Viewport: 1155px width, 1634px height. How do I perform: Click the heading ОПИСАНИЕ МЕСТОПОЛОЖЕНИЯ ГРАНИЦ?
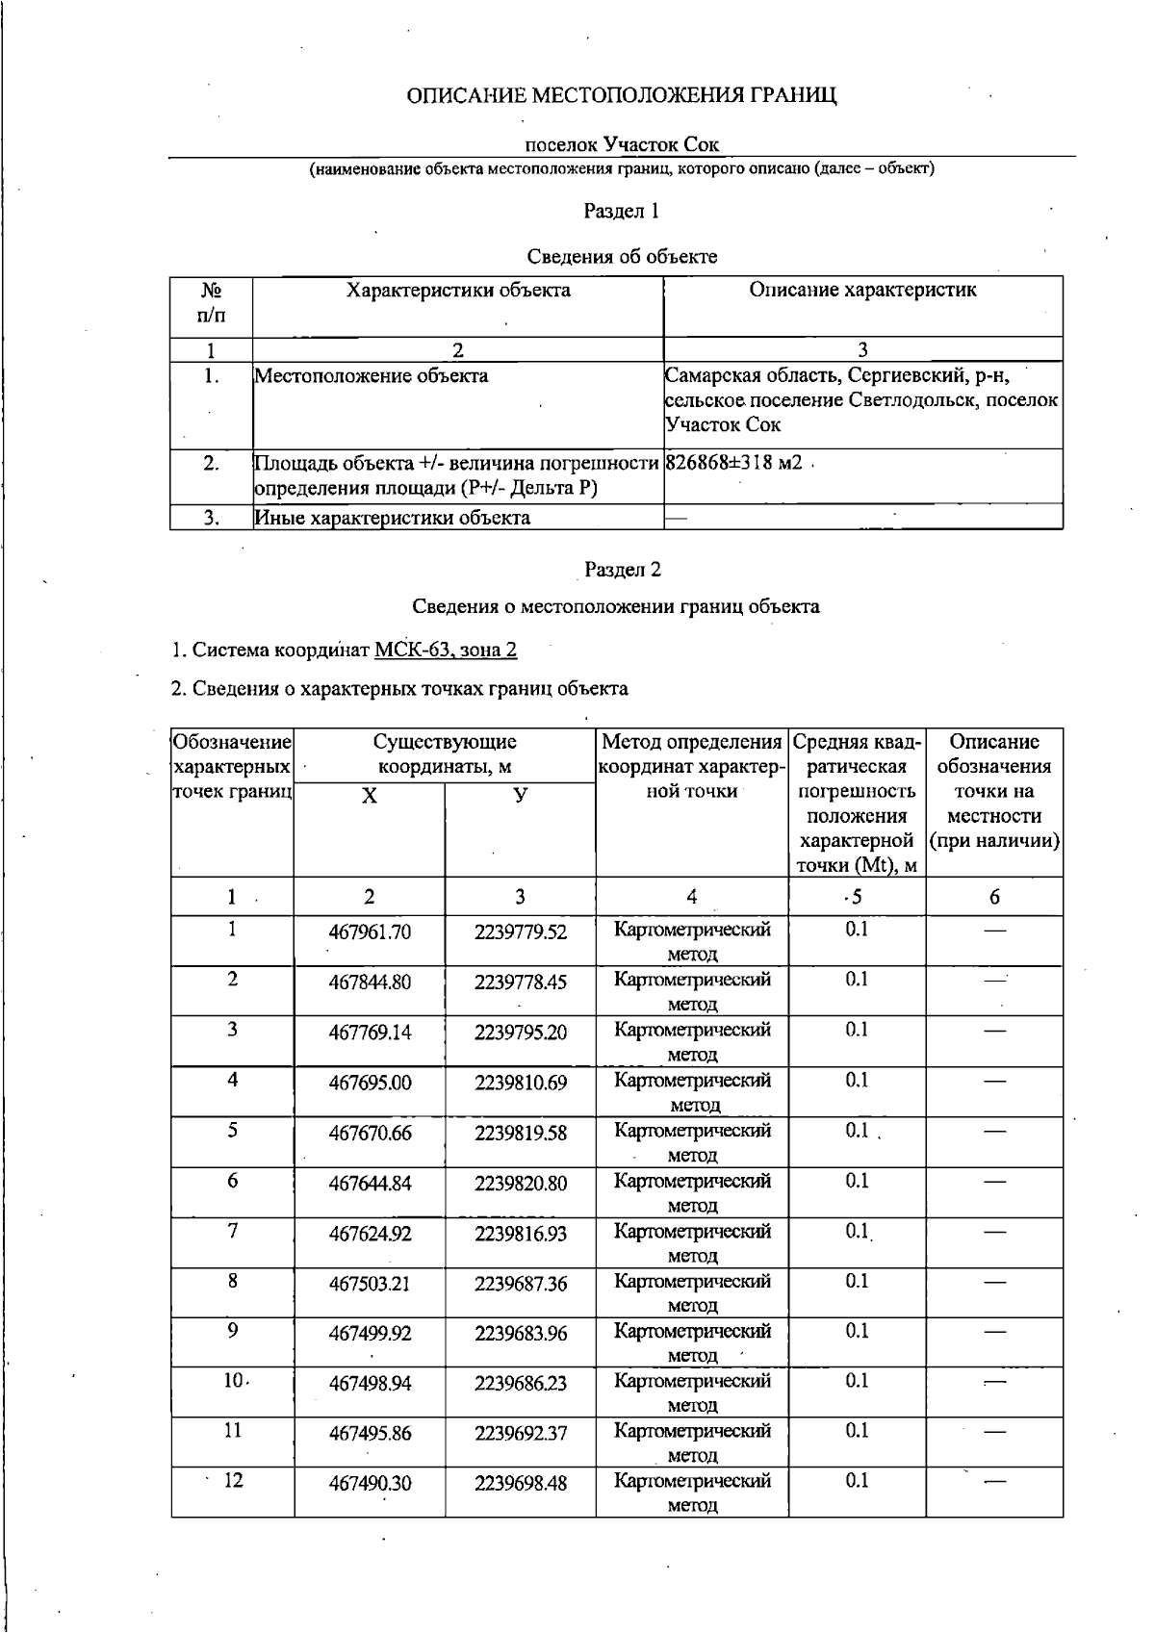pyautogui.click(x=622, y=95)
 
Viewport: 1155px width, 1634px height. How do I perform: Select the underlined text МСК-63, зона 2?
pyautogui.click(x=445, y=651)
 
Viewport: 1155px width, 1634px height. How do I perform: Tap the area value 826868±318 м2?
pyautogui.click(x=733, y=463)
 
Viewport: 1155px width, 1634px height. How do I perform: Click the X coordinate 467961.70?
pyautogui.click(x=370, y=932)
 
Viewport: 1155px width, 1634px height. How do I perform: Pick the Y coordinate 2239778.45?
pyautogui.click(x=520, y=982)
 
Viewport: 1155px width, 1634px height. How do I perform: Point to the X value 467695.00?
pyautogui.click(x=370, y=1083)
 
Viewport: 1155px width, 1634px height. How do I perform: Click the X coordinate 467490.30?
pyautogui.click(x=370, y=1484)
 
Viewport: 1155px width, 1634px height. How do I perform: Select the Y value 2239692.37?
pyautogui.click(x=520, y=1434)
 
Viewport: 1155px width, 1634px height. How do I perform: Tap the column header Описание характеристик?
pyautogui.click(x=862, y=291)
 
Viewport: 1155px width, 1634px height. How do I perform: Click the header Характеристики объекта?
pyautogui.click(x=458, y=291)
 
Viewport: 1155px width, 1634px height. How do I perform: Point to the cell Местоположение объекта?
pyautogui.click(x=372, y=376)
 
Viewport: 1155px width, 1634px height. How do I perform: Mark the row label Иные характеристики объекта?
pyautogui.click(x=393, y=518)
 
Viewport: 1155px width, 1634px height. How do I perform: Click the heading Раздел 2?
pyautogui.click(x=622, y=570)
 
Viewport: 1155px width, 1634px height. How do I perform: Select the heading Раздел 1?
pyautogui.click(x=622, y=211)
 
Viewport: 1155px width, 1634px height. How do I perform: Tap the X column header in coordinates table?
pyautogui.click(x=369, y=797)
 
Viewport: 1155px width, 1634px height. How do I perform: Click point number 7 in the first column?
pyautogui.click(x=232, y=1232)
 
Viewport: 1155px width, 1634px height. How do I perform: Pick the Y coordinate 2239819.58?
pyautogui.click(x=520, y=1133)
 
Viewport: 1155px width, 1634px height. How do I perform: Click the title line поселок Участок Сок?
pyautogui.click(x=622, y=145)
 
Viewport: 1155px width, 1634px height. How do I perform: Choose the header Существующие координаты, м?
pyautogui.click(x=445, y=754)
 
